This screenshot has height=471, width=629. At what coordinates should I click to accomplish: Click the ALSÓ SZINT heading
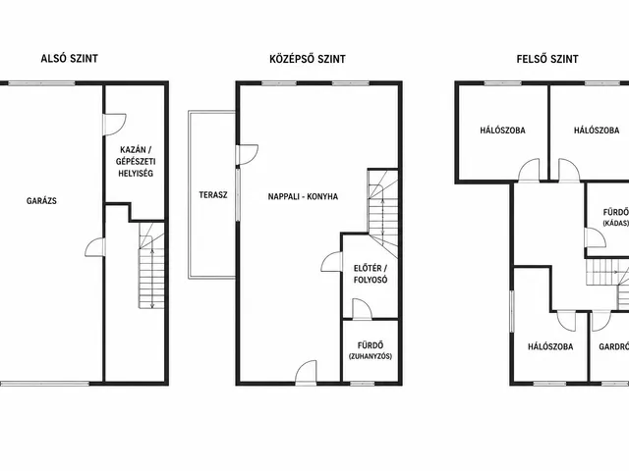[x=70, y=59]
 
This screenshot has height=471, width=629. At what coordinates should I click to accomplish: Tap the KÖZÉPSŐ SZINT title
[x=308, y=59]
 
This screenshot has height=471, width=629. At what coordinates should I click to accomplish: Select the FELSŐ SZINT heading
[x=547, y=59]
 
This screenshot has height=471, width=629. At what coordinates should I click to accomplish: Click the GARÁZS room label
[x=41, y=201]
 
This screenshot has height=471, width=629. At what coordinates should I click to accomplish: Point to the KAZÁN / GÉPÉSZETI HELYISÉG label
[x=136, y=162]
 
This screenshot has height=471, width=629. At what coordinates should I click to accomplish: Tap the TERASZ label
[x=213, y=195]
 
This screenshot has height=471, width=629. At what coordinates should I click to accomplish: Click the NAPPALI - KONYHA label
[x=303, y=196]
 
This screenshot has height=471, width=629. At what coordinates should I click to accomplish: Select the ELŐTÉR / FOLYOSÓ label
[x=371, y=274]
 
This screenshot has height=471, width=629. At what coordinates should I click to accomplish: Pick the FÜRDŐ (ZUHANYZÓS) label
[x=371, y=350]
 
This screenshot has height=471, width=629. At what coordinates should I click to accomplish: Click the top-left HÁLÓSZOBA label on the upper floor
[x=502, y=131]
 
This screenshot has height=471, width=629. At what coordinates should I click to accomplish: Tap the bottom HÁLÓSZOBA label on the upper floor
[x=550, y=346]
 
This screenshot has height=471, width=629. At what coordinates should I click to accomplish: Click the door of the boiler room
[x=115, y=125]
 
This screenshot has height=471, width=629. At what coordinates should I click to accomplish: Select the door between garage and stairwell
[x=95, y=247]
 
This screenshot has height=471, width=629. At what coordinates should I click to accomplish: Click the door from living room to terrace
[x=247, y=155]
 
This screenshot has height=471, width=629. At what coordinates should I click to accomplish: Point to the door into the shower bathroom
[x=362, y=309]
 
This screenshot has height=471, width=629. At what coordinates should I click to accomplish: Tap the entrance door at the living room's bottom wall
[x=306, y=373]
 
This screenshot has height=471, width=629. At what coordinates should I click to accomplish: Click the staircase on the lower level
[x=151, y=266]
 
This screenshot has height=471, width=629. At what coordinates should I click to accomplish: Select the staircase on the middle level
[x=383, y=214]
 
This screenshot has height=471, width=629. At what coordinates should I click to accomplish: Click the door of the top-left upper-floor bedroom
[x=529, y=171]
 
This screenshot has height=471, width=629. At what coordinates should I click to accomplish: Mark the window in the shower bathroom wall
[x=363, y=384]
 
